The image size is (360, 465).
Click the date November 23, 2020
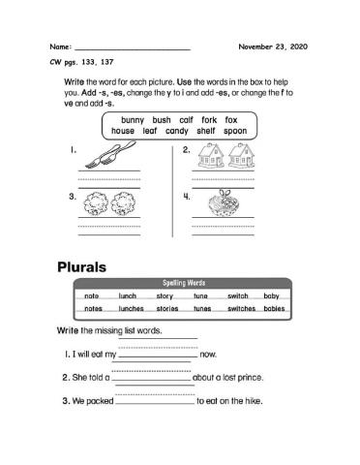pos(274,46)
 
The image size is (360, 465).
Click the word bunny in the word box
pos(133,120)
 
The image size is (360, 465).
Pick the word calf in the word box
pos(186,120)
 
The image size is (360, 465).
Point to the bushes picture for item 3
pos(98,206)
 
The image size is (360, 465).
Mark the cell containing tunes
pos(201,308)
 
